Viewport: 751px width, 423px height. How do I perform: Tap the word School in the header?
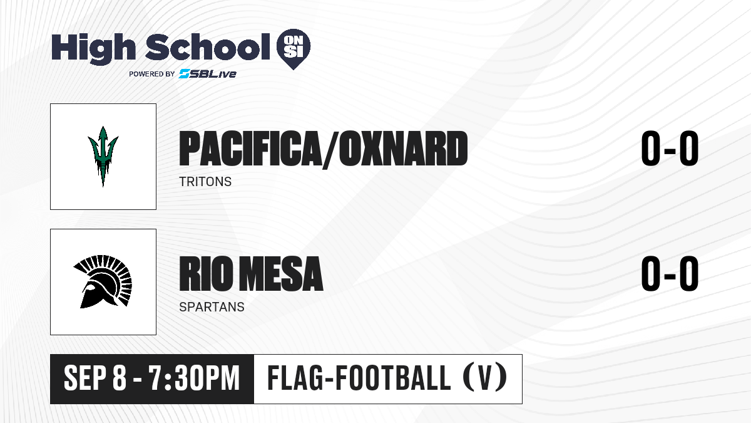208,47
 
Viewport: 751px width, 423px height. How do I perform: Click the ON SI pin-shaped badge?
294,49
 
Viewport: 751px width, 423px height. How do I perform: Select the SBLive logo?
207,74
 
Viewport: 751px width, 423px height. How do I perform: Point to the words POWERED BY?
152,74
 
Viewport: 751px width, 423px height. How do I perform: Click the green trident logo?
103,156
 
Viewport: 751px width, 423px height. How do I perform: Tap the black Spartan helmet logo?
103,281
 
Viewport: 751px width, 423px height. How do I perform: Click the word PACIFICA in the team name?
250,149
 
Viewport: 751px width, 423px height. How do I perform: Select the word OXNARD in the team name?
403,149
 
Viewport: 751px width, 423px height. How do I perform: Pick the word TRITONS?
205,182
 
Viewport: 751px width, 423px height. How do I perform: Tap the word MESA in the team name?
282,273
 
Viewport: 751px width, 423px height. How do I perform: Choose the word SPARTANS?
212,307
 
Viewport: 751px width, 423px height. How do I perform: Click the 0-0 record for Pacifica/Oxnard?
670,148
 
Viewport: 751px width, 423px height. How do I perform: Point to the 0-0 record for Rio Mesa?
670,273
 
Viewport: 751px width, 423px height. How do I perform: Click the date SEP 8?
95,378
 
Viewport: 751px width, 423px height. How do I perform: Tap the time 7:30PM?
195,378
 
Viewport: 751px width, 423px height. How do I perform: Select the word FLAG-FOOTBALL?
359,378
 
